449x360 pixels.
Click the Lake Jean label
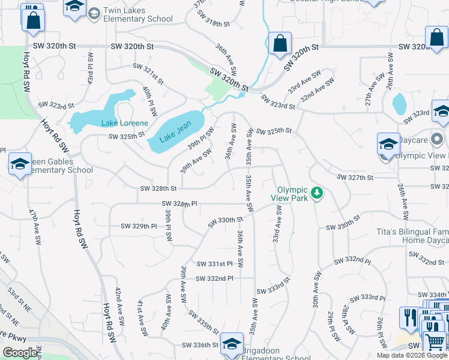175,132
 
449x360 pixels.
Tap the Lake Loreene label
124,123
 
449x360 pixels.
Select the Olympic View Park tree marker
318,193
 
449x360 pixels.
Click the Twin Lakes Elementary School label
139,15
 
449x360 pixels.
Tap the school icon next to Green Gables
20,163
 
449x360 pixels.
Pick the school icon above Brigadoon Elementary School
232,343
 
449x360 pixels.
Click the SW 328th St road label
158,188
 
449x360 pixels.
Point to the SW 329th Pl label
139,226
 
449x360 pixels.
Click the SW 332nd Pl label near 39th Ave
214,278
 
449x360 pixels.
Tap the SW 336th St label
200,345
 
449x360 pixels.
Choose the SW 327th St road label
355,178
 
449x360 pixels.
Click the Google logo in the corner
20,353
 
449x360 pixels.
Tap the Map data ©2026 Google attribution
411,355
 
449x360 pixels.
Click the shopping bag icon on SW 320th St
280,44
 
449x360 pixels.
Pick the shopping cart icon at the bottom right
435,342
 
